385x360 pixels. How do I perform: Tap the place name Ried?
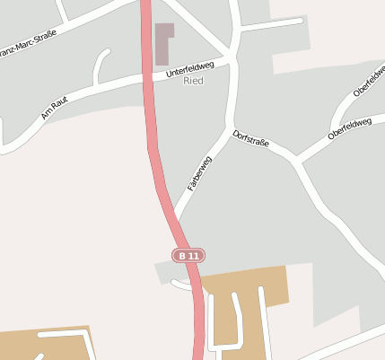coord(193,81)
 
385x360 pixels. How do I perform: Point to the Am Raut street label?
coord(55,108)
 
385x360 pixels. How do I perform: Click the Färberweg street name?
coord(199,173)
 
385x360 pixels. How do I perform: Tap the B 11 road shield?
coord(189,256)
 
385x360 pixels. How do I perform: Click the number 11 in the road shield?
coord(194,256)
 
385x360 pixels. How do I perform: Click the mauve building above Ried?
coord(164,42)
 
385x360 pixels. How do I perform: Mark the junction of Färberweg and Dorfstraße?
coord(231,128)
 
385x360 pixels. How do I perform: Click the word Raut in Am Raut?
coord(59,105)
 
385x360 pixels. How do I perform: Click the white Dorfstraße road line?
coord(278,151)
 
